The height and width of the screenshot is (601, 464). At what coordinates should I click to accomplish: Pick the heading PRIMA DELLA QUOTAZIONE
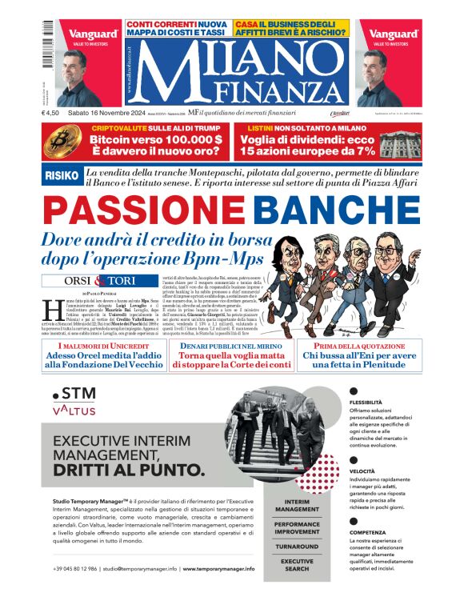(x=349, y=345)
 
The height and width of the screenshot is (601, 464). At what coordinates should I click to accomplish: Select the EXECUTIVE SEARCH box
(x=297, y=566)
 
